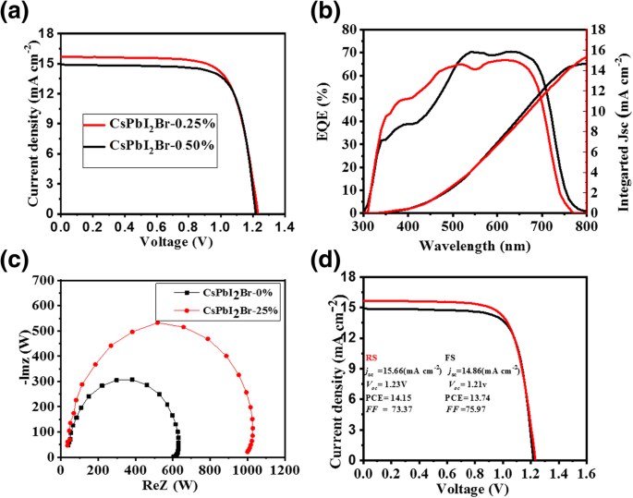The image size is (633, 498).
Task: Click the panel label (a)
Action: [16, 13]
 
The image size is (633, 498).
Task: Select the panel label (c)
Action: [16, 260]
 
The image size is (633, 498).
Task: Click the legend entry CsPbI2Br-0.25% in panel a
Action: [161, 124]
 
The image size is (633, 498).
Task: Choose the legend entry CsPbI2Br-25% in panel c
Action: [222, 310]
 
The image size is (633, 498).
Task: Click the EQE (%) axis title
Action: [324, 120]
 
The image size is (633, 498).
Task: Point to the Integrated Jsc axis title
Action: [622, 120]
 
